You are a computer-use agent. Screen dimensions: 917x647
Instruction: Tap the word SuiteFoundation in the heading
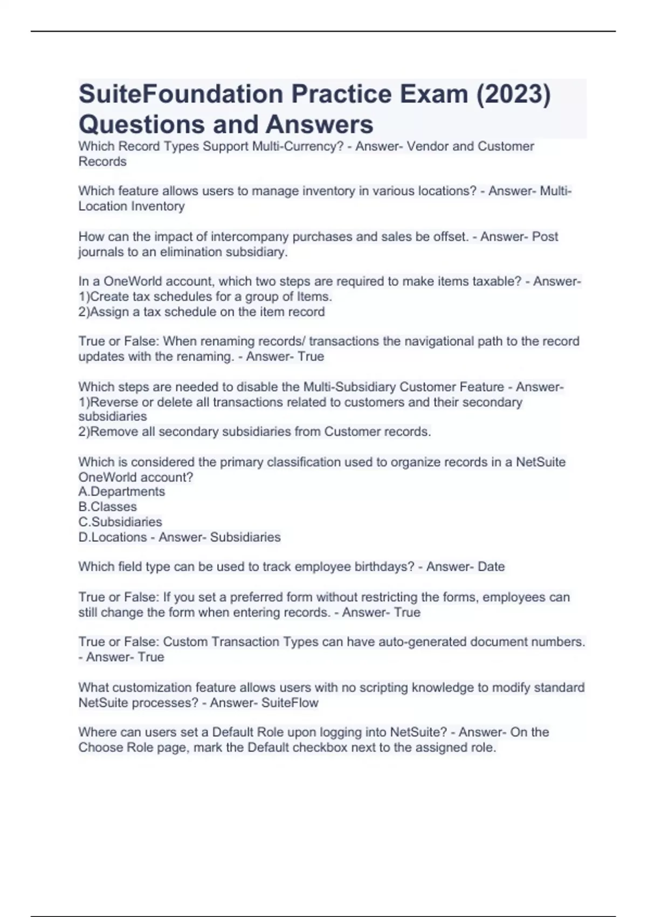coord(181,94)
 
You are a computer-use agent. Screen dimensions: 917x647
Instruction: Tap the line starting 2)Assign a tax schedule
coord(202,312)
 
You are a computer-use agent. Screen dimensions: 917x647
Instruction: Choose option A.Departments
coord(122,491)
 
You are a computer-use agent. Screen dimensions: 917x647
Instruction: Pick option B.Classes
coord(108,507)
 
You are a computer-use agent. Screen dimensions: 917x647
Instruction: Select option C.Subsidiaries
coord(120,522)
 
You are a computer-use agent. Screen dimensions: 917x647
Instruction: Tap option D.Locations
coord(113,537)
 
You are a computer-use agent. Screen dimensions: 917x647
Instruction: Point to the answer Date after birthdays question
coord(491,567)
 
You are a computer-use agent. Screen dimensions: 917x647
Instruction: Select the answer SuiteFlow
coord(290,703)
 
